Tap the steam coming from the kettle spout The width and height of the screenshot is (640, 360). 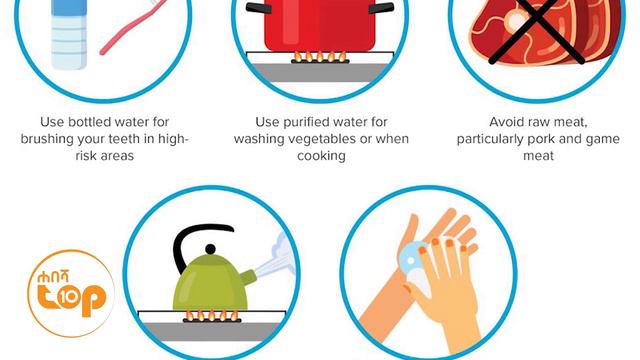point(271,260)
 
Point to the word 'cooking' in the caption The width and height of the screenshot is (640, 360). point(320,156)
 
